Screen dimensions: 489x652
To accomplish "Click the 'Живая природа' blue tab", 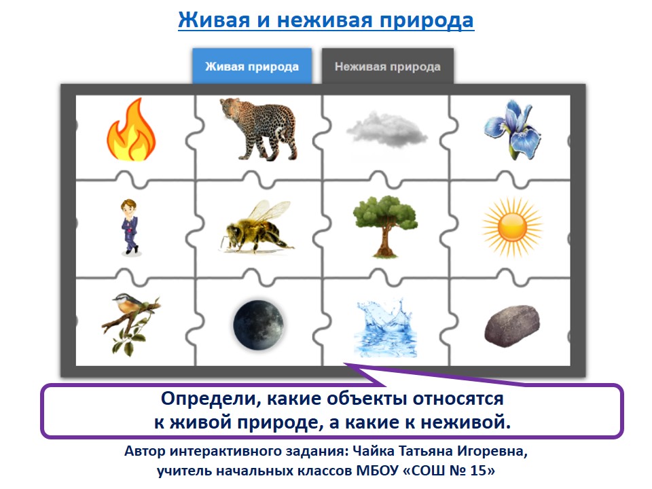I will pyautogui.click(x=252, y=67).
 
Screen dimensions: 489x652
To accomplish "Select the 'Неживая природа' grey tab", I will pyautogui.click(x=387, y=67).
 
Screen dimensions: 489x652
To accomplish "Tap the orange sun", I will pyautogui.click(x=513, y=226).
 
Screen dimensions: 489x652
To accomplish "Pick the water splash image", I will pyautogui.click(x=383, y=322).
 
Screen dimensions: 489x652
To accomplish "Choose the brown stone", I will pyautogui.click(x=512, y=324).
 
